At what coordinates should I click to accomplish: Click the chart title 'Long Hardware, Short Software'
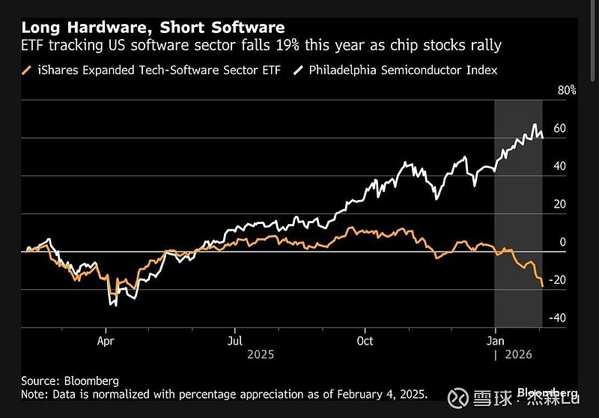[153, 28]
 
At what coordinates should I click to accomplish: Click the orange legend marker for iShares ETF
[27, 70]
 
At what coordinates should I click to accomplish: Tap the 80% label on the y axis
[566, 91]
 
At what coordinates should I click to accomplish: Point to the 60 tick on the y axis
[559, 129]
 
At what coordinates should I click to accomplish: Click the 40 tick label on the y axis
[559, 166]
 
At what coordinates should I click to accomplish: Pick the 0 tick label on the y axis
[562, 243]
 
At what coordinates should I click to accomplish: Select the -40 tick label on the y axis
[556, 318]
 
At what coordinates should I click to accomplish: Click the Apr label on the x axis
[106, 339]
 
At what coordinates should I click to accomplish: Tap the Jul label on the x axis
[235, 339]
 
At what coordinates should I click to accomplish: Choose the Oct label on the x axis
[365, 339]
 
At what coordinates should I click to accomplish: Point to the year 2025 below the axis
[261, 354]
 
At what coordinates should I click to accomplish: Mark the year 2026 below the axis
[518, 354]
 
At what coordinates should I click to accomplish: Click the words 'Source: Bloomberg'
[70, 381]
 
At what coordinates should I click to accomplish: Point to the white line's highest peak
[535, 124]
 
